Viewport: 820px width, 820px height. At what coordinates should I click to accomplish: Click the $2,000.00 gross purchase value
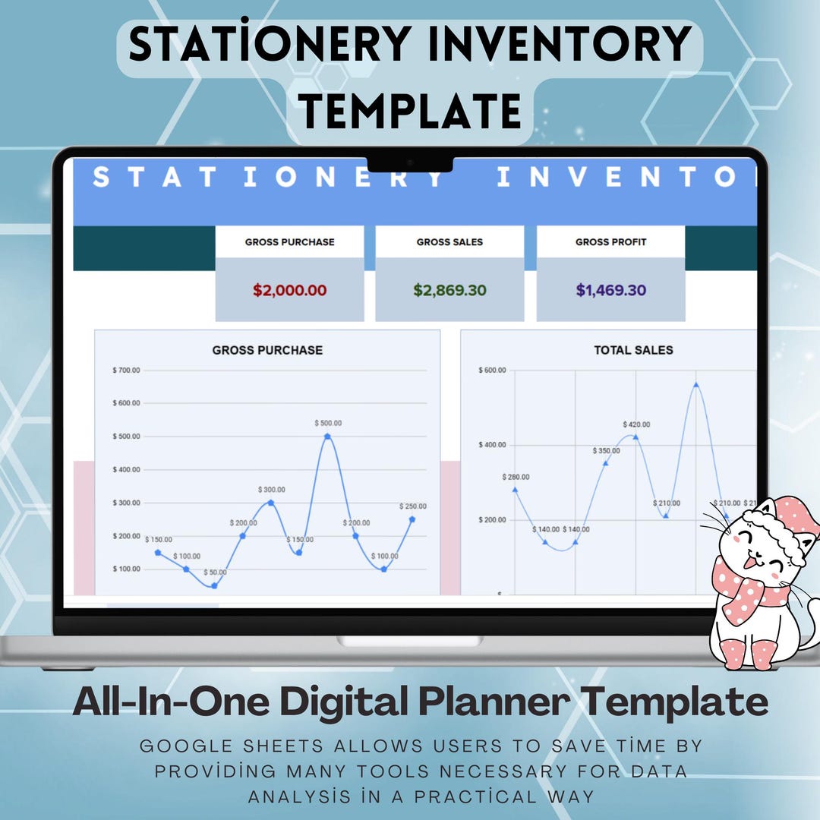[289, 290]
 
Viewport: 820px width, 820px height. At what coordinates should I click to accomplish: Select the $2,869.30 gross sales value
[449, 290]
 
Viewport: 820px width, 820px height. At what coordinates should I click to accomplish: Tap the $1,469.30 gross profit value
[610, 290]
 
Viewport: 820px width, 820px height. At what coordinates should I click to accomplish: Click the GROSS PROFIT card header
[610, 242]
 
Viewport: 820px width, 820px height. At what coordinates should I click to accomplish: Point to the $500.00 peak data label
[328, 423]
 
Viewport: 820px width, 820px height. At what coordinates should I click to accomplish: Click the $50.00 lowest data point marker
[215, 585]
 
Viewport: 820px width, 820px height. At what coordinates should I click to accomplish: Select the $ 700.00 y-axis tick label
[126, 370]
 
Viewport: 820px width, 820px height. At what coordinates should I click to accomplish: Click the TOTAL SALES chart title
[633, 350]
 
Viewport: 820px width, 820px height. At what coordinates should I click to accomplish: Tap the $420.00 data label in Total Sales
[636, 424]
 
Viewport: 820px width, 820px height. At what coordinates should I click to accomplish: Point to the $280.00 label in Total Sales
[516, 477]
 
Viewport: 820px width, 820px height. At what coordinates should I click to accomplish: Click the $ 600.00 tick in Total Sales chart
[492, 370]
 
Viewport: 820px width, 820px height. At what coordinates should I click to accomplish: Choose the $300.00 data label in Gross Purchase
[271, 490]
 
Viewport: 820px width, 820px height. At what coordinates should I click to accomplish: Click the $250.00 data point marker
[412, 519]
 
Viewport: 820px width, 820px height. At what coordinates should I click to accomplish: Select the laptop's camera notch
[410, 163]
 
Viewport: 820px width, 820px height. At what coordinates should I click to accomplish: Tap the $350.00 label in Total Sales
[606, 450]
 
